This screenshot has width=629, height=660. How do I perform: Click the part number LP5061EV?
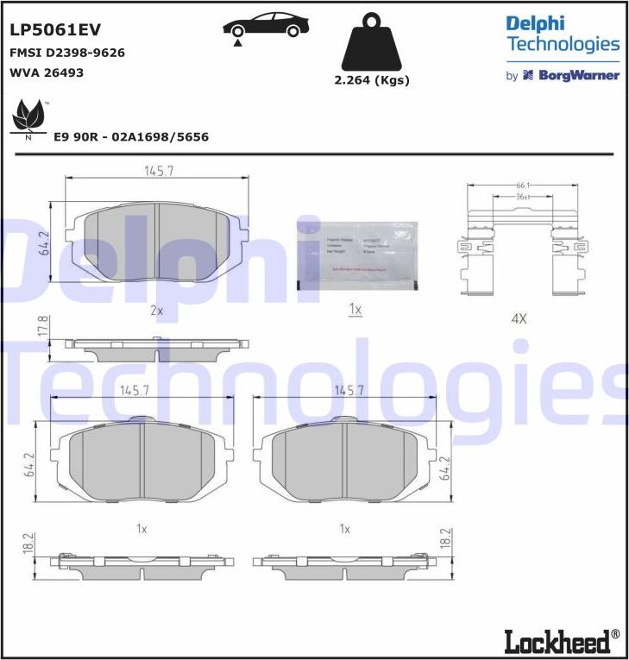point(55,30)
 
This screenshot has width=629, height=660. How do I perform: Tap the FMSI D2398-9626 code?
point(67,53)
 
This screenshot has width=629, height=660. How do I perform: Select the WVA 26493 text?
point(47,72)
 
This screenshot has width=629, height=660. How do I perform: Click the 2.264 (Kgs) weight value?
point(371,80)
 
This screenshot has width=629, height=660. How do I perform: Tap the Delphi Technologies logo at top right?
point(562,34)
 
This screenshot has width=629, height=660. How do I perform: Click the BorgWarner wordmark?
point(579,75)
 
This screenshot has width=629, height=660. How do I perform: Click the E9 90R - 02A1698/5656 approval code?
point(131,137)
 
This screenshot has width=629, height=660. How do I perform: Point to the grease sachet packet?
point(356,252)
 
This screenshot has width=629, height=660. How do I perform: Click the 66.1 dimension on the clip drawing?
point(523,185)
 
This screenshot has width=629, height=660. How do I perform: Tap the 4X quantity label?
point(519,318)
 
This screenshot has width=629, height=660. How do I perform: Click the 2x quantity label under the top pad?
point(156,309)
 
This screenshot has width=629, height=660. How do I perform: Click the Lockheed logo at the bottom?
point(561,640)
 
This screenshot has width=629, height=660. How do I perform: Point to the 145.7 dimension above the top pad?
point(159,172)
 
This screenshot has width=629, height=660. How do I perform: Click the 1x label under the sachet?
point(355,309)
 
